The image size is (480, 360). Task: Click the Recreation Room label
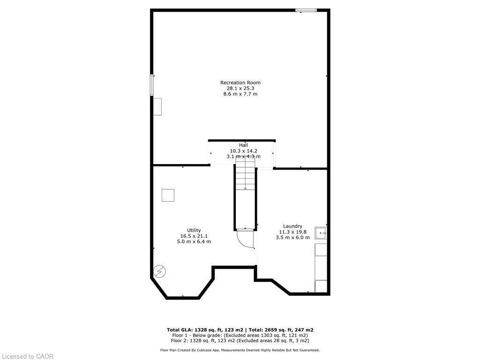pos(240,82)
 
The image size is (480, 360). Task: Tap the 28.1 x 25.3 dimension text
pos(240,88)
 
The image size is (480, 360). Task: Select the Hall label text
pos(243,145)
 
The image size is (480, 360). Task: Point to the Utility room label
pos(194,230)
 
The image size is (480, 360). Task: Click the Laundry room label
pos(292,226)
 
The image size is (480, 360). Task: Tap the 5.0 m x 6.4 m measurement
pos(194,241)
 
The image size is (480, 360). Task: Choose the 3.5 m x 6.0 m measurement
pos(292,237)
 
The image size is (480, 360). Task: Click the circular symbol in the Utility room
pos(159,271)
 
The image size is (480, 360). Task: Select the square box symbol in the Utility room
pos(168,195)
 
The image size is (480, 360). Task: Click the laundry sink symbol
pos(321,232)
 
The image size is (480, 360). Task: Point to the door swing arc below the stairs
pos(247,239)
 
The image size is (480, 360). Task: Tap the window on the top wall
pos(306,10)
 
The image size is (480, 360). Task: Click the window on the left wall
pos(152,85)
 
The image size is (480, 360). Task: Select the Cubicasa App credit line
pos(240,350)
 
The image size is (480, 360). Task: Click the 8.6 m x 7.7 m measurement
pos(240,94)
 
